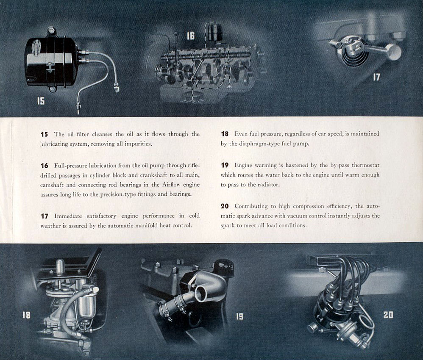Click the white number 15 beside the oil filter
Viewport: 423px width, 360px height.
(x=41, y=101)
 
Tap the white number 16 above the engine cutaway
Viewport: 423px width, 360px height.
(x=191, y=36)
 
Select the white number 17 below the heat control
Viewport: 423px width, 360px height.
(x=376, y=78)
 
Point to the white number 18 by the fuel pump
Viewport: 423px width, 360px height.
(x=26, y=315)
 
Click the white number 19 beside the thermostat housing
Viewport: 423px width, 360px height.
(x=239, y=316)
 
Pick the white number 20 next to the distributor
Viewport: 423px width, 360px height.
(x=388, y=315)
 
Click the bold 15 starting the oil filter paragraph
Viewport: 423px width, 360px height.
(x=44, y=134)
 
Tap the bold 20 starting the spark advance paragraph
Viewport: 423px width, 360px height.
(x=225, y=206)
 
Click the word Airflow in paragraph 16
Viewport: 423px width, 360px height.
(x=173, y=185)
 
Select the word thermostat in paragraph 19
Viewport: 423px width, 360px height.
(x=365, y=165)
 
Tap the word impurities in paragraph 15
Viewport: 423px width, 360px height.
(x=138, y=144)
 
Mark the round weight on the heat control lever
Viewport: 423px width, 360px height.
(x=394, y=53)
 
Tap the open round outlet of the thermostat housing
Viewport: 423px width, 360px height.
(x=201, y=293)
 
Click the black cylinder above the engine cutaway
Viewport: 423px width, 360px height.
(x=215, y=33)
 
